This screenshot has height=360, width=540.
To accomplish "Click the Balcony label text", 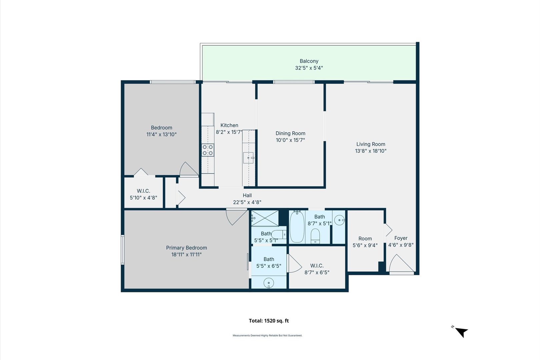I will point(309,61).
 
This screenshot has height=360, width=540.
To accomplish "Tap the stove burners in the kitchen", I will point(208,150).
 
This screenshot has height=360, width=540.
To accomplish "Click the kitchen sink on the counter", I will point(248,158).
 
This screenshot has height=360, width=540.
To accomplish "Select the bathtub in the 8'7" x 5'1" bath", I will point(297,227).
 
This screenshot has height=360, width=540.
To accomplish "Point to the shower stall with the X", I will point(265,218).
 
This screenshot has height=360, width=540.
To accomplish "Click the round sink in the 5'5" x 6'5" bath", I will point(269,283).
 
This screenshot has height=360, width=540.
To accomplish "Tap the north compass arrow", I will point(461,332).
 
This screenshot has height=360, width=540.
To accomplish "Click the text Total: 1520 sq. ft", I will point(269,321).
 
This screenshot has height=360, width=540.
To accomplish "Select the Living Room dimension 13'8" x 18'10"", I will point(371,151).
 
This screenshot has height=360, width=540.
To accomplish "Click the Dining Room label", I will point(290,133).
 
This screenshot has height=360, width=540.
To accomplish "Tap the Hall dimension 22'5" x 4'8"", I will point(247,202).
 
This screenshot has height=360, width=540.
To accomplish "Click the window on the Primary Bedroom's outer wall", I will point(123,250).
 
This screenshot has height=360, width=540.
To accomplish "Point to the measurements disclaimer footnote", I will point(267,335).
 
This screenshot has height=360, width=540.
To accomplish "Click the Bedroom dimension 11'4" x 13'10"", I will point(161,134).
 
